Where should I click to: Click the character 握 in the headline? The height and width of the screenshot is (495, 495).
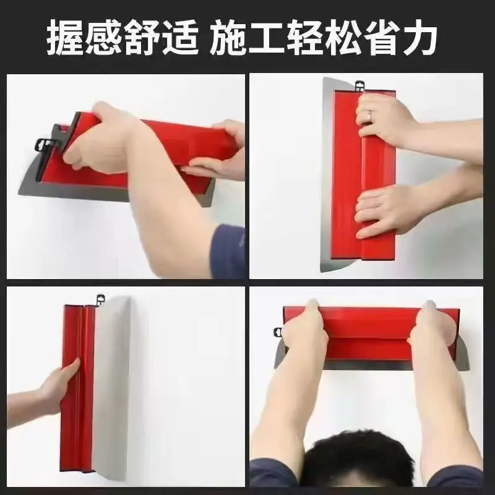tap(66, 37)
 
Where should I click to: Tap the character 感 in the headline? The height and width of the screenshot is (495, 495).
tap(104, 37)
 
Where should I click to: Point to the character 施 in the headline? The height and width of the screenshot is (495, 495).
tap(226, 37)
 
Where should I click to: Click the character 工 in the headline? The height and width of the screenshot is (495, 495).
tap(266, 37)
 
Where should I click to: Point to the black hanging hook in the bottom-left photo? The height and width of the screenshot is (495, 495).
tap(101, 299)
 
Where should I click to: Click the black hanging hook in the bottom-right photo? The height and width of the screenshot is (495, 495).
tap(278, 332)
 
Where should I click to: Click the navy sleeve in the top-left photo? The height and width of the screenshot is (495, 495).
tap(228, 251)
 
